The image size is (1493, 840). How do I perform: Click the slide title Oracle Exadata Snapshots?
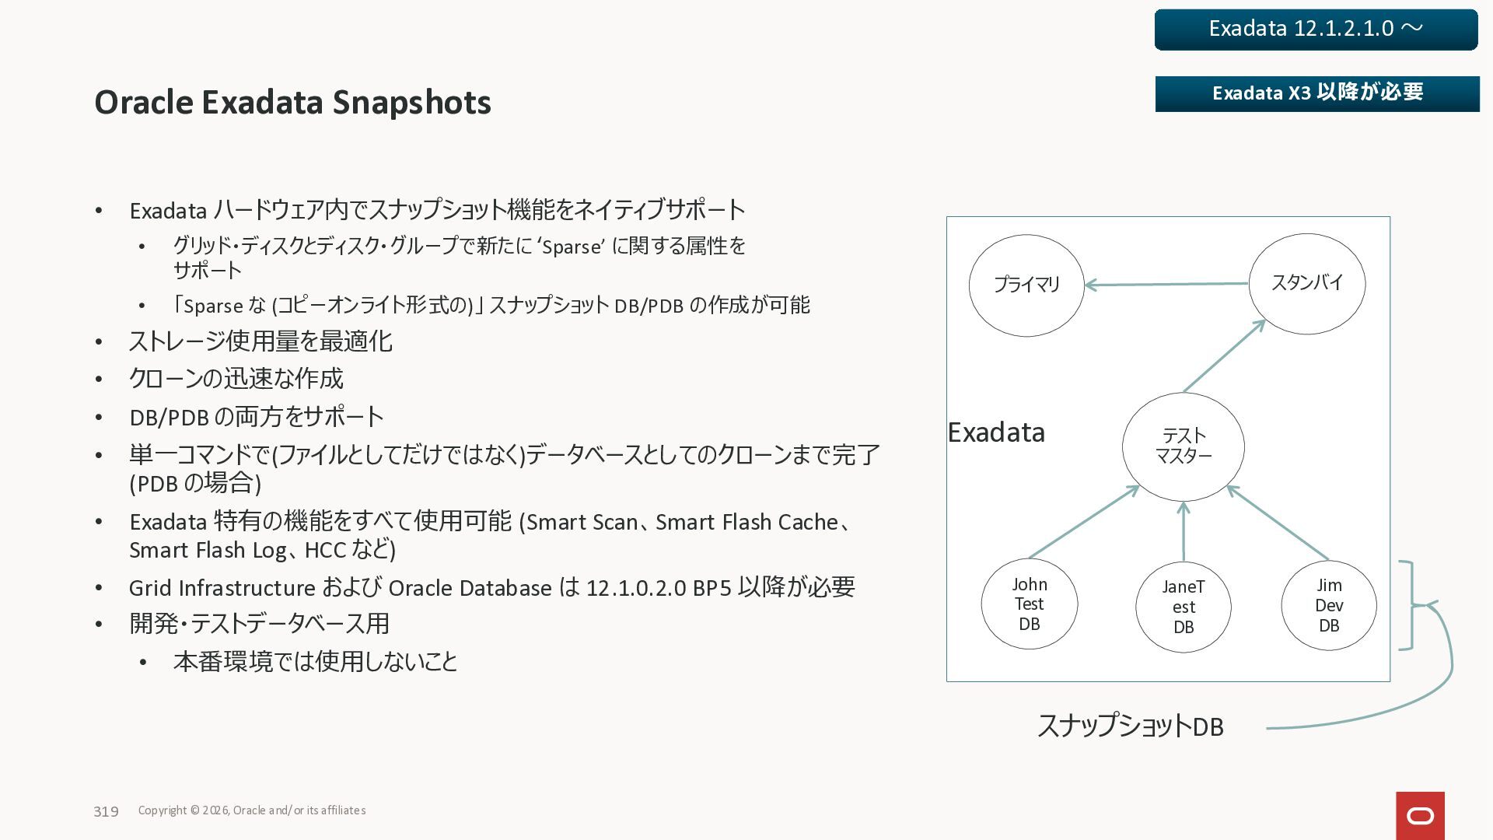[x=292, y=103]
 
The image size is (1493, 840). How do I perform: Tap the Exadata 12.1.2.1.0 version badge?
[x=1316, y=30]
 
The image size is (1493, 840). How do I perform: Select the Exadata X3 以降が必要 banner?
[x=1317, y=93]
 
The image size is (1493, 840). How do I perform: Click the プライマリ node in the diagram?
[x=1026, y=285]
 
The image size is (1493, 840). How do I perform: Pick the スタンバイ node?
[x=1307, y=283]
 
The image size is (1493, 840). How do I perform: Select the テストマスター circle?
[x=1183, y=446]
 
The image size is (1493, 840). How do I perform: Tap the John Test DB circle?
[x=1029, y=604]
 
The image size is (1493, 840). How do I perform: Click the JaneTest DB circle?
[x=1183, y=607]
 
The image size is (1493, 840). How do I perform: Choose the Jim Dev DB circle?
[x=1328, y=605]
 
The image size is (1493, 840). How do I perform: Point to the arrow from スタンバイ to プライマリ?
[x=1166, y=285]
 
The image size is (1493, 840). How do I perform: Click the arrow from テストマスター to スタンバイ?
[x=1224, y=356]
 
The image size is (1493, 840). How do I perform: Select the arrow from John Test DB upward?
[x=1084, y=523]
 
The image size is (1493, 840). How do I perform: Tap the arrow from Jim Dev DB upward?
[x=1278, y=523]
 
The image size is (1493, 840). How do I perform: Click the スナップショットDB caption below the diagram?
[x=1130, y=726]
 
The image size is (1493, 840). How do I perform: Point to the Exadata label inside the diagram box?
[x=996, y=432]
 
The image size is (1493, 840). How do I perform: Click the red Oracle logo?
[x=1420, y=816]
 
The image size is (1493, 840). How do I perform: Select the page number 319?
[x=106, y=812]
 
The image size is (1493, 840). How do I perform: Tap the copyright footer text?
[x=252, y=810]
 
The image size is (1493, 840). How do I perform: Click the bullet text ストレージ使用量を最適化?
[x=260, y=341]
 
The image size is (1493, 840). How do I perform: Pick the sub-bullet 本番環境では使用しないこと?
[x=315, y=662]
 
